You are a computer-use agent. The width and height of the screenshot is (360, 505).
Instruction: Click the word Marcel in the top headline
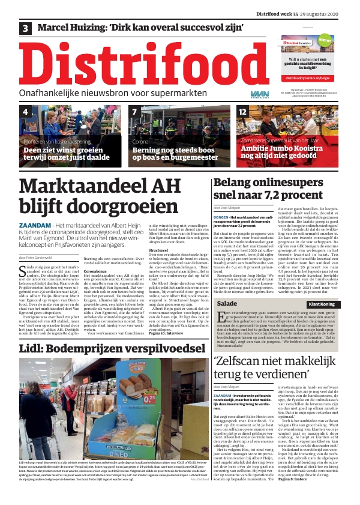(56, 28)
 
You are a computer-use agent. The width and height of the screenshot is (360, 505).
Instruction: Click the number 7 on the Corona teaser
(135, 112)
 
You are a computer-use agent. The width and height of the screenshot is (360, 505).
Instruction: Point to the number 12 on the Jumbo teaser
(242, 112)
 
